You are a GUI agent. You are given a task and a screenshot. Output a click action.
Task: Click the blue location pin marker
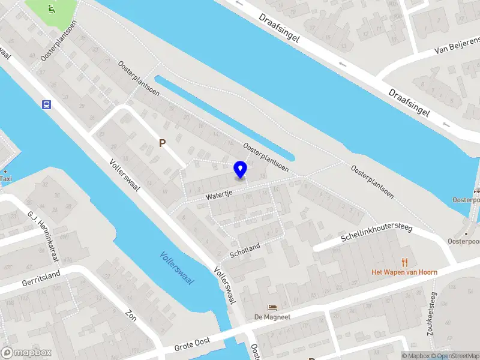point(241,169)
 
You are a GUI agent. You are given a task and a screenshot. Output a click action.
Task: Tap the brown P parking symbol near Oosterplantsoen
point(161,143)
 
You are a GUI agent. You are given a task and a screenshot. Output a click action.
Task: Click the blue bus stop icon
point(46,104)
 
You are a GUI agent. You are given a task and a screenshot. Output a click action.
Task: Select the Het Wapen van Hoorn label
point(404,272)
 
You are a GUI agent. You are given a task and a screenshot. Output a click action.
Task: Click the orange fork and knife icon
point(405,262)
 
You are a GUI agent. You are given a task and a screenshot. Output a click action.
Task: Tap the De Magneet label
point(272,317)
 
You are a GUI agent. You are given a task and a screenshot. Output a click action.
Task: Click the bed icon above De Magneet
point(272,307)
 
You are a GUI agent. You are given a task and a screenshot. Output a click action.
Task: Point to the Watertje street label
point(218,196)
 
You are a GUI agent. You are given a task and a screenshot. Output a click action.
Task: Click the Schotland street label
point(245,251)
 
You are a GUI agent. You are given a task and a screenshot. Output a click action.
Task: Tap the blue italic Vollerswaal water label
point(177,268)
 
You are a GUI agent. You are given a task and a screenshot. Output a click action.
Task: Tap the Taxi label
point(5,178)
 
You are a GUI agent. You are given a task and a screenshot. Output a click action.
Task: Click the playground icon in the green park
point(52,8)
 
